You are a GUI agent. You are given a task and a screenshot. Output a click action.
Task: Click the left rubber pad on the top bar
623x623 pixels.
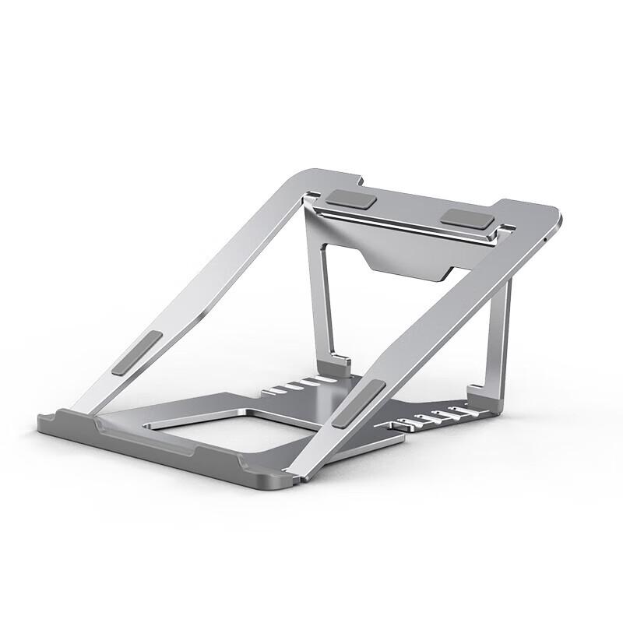tap(351, 200)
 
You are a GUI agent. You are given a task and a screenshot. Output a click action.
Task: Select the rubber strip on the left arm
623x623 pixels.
tap(137, 352)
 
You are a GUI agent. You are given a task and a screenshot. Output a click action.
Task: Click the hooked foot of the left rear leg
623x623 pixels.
tap(341, 363)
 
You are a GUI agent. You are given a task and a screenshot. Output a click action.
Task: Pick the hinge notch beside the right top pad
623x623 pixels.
tap(505, 228)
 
